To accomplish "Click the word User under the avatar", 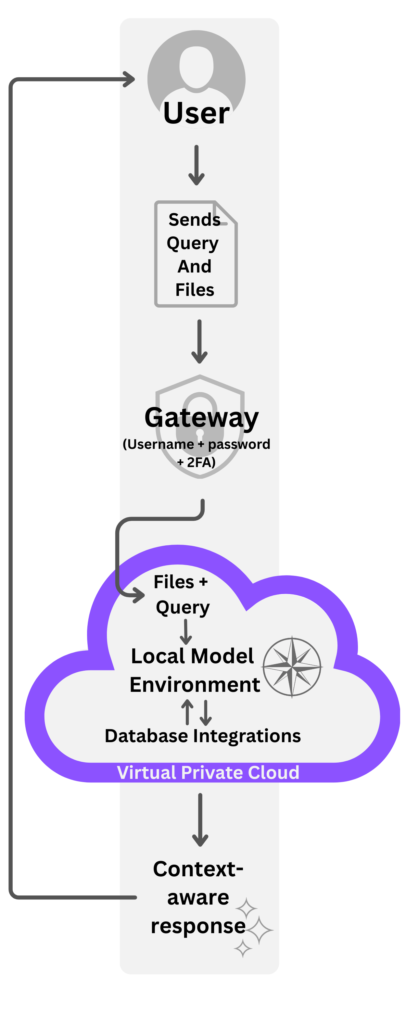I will pyautogui.click(x=196, y=113).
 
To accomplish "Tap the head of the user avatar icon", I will pyautogui.click(x=196, y=66).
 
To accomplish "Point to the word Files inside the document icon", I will pyautogui.click(x=195, y=290).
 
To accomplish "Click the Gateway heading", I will pyautogui.click(x=201, y=418).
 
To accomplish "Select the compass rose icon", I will pyautogui.click(x=292, y=667).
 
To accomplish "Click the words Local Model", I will pyautogui.click(x=192, y=656).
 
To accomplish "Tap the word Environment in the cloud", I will pyautogui.click(x=195, y=685).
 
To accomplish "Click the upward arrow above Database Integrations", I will pyautogui.click(x=187, y=712).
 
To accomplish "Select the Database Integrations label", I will pyautogui.click(x=203, y=736).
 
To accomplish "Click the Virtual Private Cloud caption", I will pyautogui.click(x=208, y=773).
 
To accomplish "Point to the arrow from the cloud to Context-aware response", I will pyautogui.click(x=200, y=819).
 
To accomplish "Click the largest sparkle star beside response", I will pyautogui.click(x=259, y=930).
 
